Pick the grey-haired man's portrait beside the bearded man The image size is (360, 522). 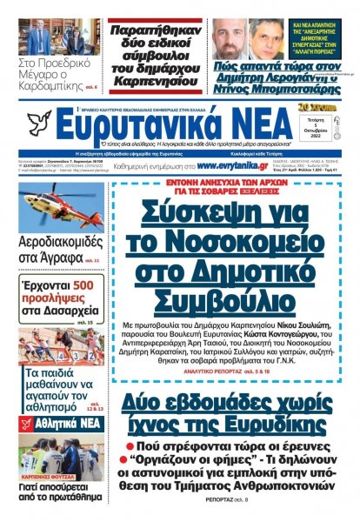[x=267, y=39]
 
